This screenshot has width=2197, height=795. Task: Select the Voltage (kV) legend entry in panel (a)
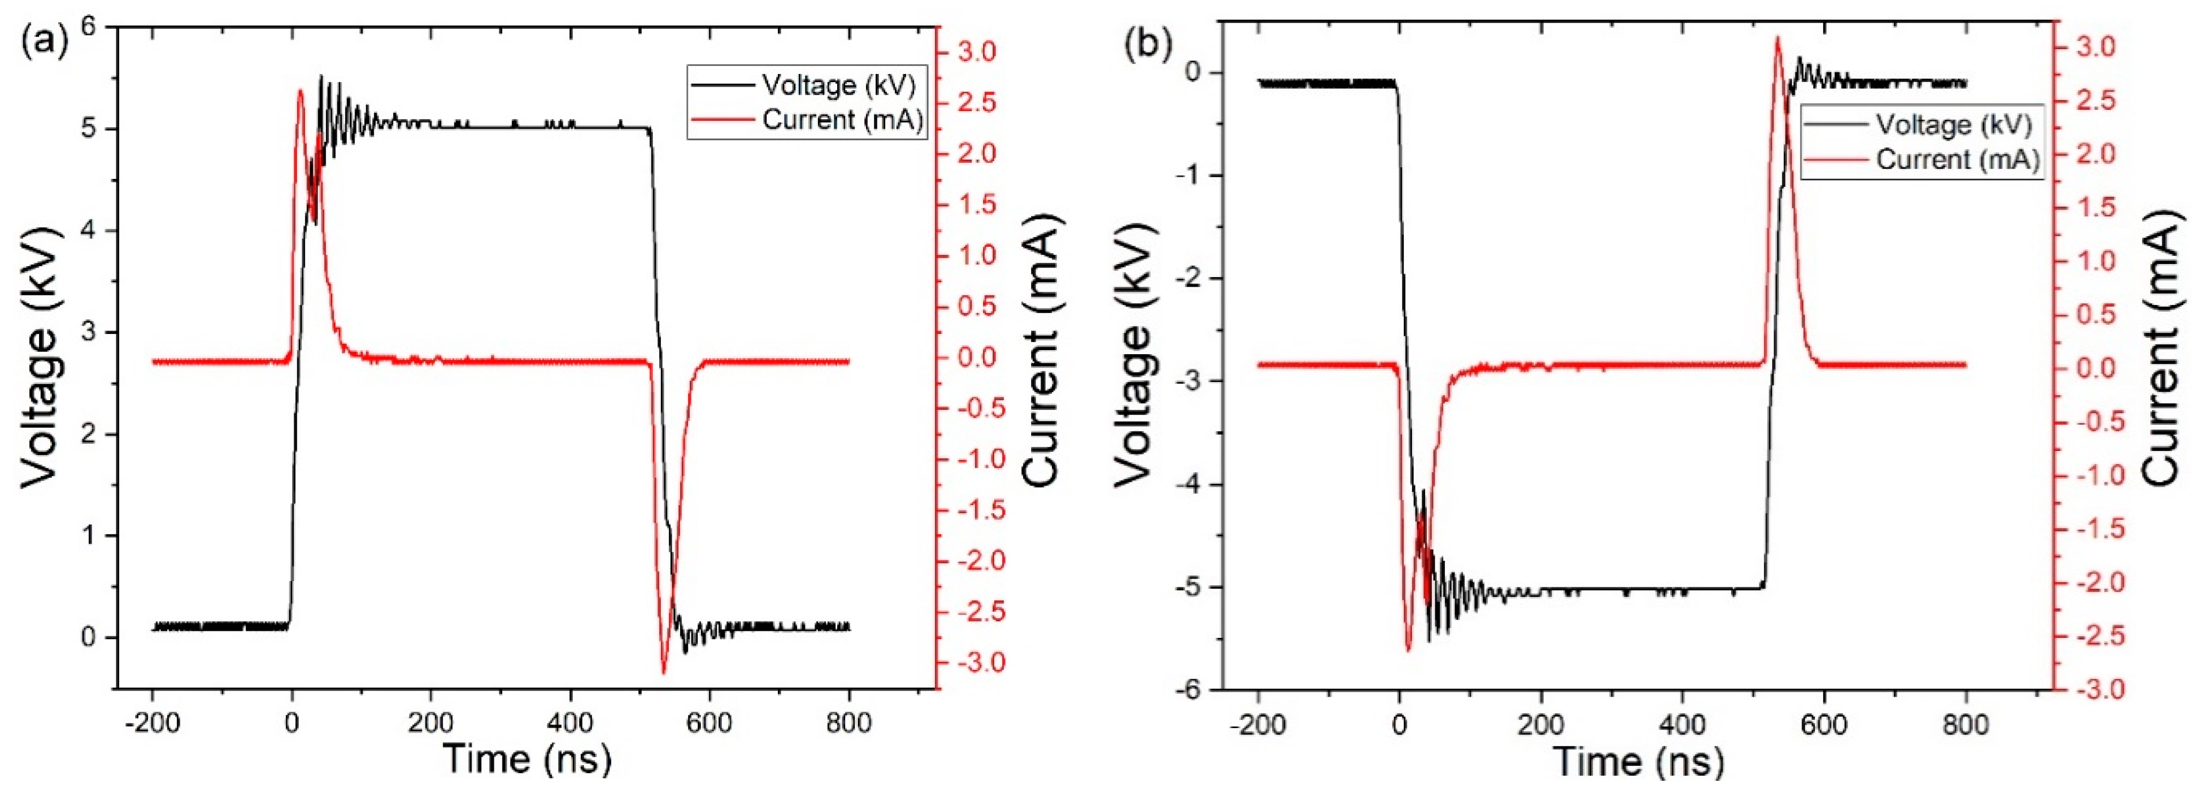[x=838, y=85]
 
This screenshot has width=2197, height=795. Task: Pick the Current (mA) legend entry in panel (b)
[x=1957, y=160]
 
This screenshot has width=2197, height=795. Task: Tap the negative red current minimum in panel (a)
[x=663, y=673]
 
